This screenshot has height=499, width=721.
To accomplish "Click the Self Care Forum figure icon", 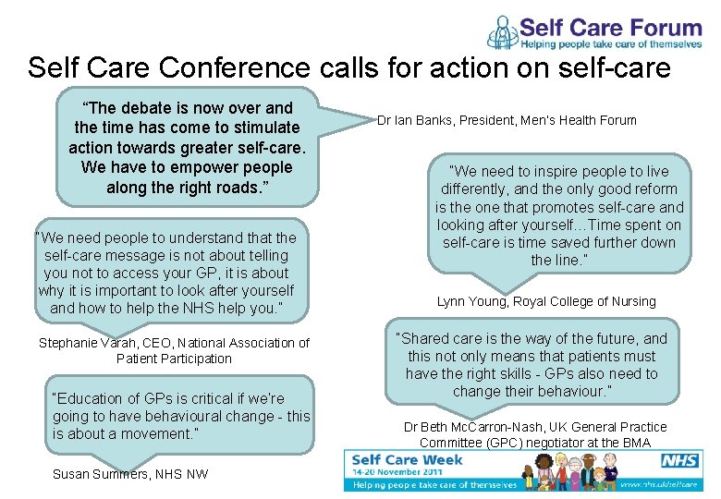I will point(503,31).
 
